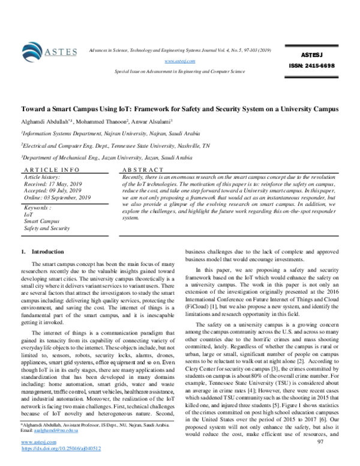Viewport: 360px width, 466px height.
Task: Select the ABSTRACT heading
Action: (x=142, y=171)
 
